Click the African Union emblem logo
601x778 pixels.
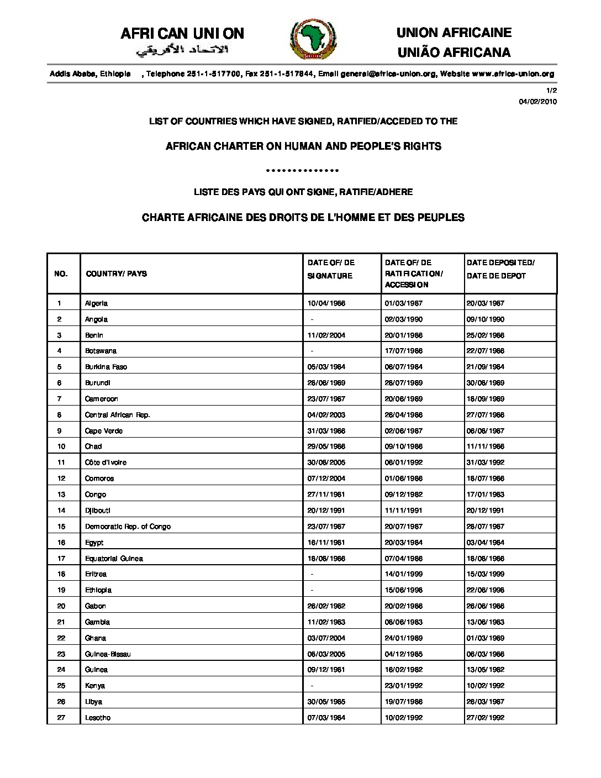pyautogui.click(x=309, y=41)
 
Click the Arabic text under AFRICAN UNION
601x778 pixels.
pyautogui.click(x=182, y=51)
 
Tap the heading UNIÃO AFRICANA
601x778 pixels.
pyautogui.click(x=454, y=52)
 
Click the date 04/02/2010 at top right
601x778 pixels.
pyautogui.click(x=538, y=102)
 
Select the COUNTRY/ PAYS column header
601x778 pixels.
pyautogui.click(x=116, y=274)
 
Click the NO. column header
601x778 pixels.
pyautogui.click(x=61, y=274)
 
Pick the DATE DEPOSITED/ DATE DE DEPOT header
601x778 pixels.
pyautogui.click(x=500, y=269)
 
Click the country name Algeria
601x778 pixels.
pyautogui.click(x=96, y=303)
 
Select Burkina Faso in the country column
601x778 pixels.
pyautogui.click(x=106, y=367)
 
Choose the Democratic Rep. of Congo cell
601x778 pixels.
pyautogui.click(x=128, y=527)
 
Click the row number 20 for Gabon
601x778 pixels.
pyautogui.click(x=61, y=606)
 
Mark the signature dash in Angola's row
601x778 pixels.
pyautogui.click(x=312, y=319)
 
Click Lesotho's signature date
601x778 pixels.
pyautogui.click(x=326, y=718)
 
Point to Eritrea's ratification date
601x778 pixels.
pyautogui.click(x=404, y=574)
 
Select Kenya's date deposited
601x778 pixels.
pyautogui.click(x=485, y=686)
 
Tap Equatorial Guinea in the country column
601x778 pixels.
pyautogui.click(x=114, y=559)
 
